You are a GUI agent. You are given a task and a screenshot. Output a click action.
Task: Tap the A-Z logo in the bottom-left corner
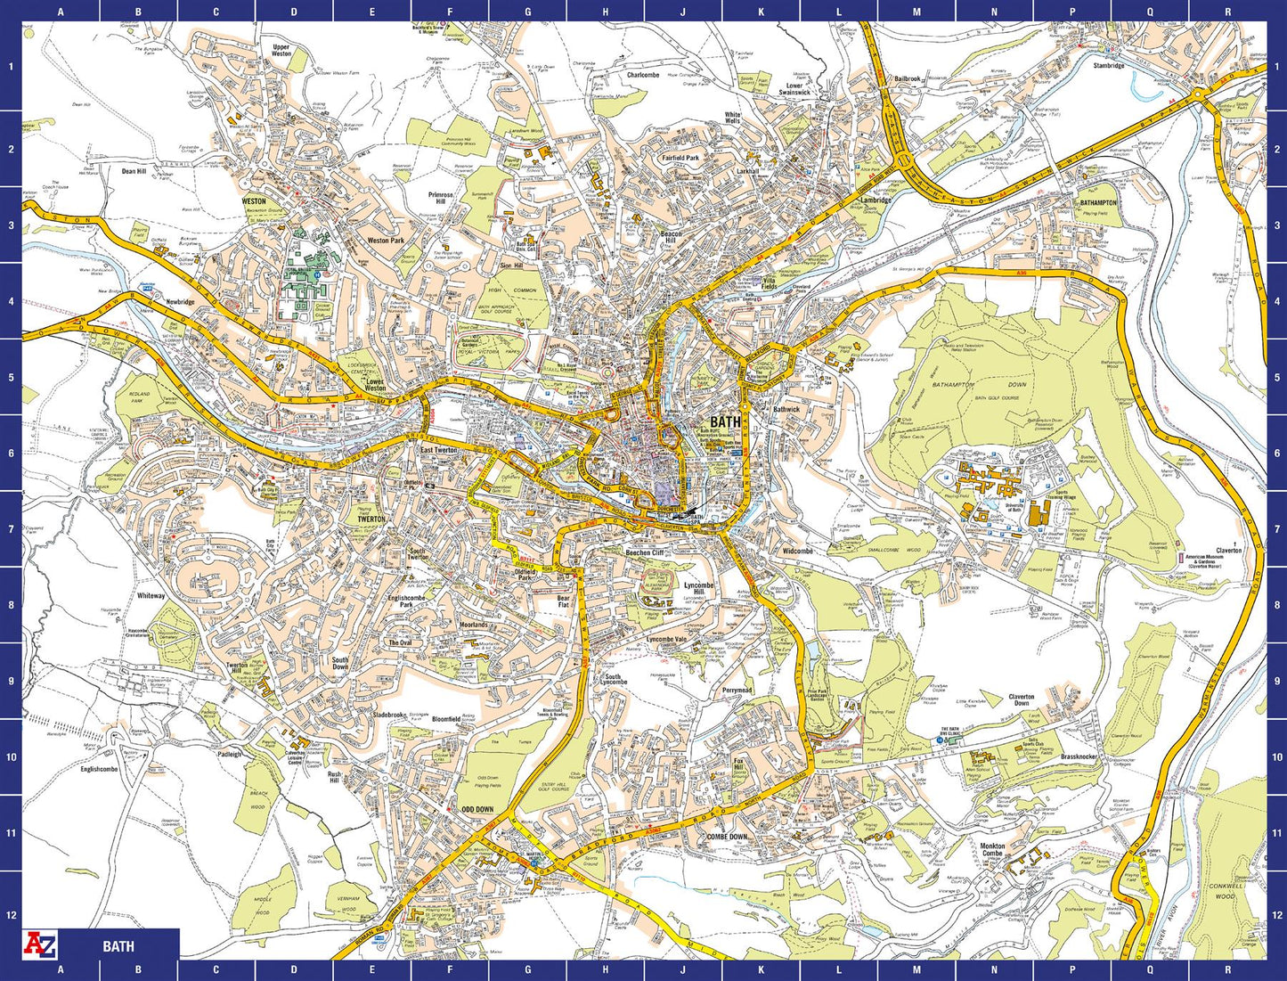pos(38,944)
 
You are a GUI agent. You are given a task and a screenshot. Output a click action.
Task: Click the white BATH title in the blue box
pos(118,946)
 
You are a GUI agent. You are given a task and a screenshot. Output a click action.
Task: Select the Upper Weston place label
pos(281,50)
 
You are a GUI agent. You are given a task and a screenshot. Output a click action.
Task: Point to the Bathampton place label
pos(1099,202)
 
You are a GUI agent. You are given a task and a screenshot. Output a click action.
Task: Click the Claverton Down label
pos(1022,700)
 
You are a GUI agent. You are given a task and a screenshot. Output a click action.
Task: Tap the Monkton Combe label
pos(992,849)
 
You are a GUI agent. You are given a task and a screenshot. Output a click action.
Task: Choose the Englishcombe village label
pos(99,769)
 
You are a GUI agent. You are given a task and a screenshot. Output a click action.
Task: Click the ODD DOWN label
pos(477,809)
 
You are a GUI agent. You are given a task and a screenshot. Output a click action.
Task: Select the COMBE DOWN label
pos(727,837)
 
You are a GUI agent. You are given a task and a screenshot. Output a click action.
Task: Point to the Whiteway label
pos(151,595)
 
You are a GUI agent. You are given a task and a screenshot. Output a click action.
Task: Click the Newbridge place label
pos(180,302)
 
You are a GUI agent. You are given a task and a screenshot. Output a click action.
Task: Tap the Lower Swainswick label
pos(794,89)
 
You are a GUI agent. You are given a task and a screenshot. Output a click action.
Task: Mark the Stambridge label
pos(1109,65)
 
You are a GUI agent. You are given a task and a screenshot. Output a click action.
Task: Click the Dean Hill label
pos(134,171)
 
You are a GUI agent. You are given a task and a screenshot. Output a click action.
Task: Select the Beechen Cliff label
pos(645,552)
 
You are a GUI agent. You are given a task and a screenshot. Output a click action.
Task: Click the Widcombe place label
pos(797,551)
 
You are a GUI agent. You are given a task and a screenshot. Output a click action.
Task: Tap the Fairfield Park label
pos(680,157)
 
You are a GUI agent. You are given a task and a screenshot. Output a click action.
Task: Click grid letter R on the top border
pos(1227,12)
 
